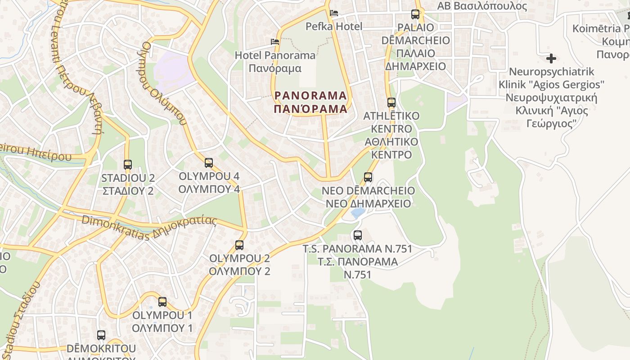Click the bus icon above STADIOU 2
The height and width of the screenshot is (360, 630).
[128, 165]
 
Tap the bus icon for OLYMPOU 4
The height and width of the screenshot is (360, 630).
[208, 163]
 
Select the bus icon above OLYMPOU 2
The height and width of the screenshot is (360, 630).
[239, 245]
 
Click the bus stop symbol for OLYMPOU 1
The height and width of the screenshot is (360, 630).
[162, 302]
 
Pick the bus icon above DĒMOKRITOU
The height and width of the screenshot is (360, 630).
[101, 335]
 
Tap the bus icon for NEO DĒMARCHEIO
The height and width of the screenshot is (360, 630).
[368, 177]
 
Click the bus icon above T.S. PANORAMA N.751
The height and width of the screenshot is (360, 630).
[358, 235]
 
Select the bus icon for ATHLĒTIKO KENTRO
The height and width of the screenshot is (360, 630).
[391, 103]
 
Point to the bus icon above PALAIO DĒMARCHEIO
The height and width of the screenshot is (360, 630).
[415, 14]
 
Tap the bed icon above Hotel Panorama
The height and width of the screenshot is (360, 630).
[275, 42]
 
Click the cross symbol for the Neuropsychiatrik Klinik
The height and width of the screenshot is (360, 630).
[551, 58]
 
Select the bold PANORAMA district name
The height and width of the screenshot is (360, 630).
[311, 102]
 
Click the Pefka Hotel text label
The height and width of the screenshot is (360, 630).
[334, 27]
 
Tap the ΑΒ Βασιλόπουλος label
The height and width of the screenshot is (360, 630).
[482, 6]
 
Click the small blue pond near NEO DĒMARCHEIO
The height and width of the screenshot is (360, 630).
[358, 213]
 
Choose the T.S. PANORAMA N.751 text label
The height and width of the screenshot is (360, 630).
[358, 261]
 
